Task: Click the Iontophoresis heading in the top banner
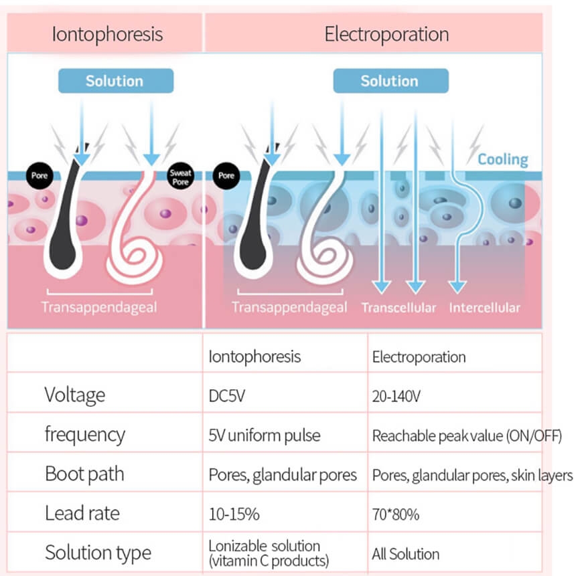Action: [x=107, y=34]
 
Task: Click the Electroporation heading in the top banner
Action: [x=386, y=34]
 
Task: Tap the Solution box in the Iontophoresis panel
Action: [x=116, y=81]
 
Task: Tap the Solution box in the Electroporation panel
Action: [x=391, y=81]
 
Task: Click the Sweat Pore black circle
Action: [x=181, y=176]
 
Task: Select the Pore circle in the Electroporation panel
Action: [x=226, y=176]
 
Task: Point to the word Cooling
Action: [x=503, y=159]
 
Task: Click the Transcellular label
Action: [x=398, y=308]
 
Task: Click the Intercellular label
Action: [x=485, y=308]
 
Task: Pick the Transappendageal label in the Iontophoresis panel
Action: [x=99, y=307]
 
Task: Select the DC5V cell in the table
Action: [x=227, y=395]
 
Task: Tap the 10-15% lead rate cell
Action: [x=234, y=514]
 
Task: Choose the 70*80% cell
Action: [x=395, y=514]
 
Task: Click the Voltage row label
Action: [x=75, y=395]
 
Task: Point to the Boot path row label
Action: [x=84, y=474]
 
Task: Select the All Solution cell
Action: [x=405, y=554]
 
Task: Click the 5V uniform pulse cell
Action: [x=265, y=436]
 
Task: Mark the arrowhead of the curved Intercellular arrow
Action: [x=457, y=287]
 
